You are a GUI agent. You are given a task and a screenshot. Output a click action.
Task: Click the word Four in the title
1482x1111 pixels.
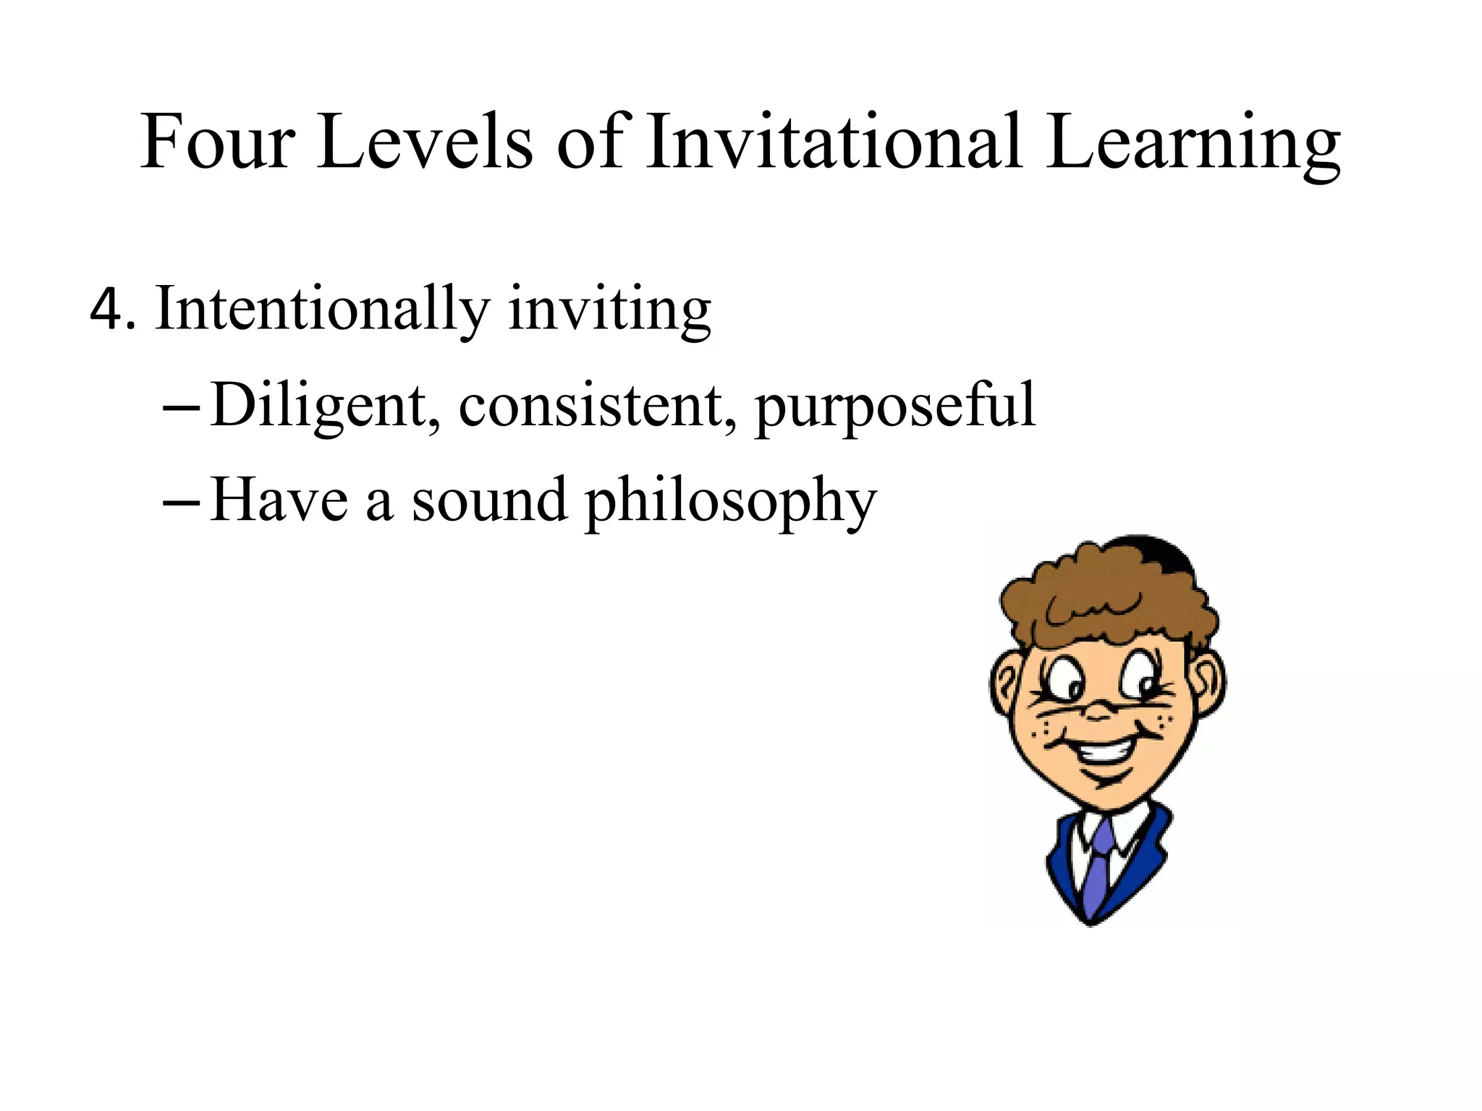click(218, 142)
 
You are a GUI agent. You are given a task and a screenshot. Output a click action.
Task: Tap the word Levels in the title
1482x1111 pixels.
click(425, 142)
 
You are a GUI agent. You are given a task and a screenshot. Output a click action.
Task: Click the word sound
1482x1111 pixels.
click(489, 501)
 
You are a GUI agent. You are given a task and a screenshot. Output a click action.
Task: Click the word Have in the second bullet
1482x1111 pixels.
click(279, 501)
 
